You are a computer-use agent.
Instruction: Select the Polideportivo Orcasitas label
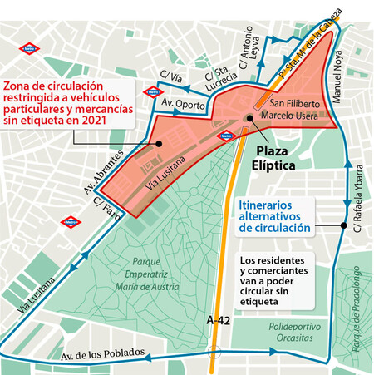288,333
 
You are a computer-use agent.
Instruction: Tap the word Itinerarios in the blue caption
267,203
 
